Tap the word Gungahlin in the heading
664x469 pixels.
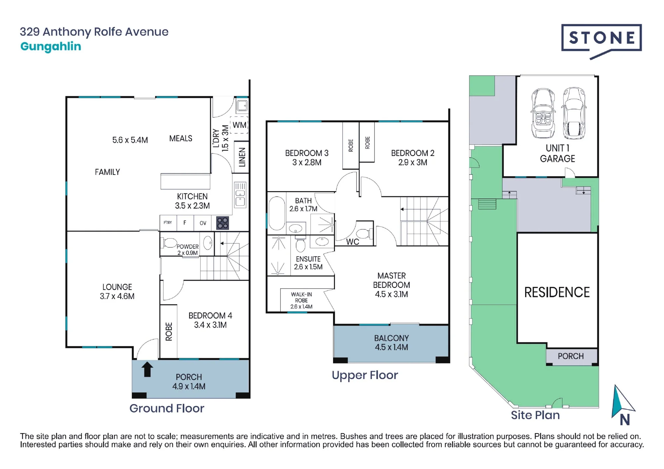[51, 47]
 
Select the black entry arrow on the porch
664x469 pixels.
[147, 369]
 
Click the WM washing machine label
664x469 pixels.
[239, 125]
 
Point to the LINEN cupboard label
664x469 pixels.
[242, 157]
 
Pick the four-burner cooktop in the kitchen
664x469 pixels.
[222, 223]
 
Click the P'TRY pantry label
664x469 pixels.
[168, 222]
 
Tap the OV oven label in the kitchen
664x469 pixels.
[203, 223]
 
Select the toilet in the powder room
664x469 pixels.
[169, 243]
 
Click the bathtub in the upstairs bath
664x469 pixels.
[277, 213]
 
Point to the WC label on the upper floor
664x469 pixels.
[353, 242]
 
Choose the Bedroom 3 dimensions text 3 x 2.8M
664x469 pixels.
[307, 162]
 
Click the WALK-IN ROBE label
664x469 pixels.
[301, 297]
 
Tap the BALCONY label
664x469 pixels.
[391, 338]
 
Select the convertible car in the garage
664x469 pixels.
[543, 113]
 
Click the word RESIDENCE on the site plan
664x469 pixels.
[557, 292]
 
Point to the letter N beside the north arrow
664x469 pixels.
[625, 420]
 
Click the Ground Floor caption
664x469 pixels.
[167, 408]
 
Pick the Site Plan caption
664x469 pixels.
[535, 415]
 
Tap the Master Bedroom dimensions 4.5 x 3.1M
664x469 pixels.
[391, 294]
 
